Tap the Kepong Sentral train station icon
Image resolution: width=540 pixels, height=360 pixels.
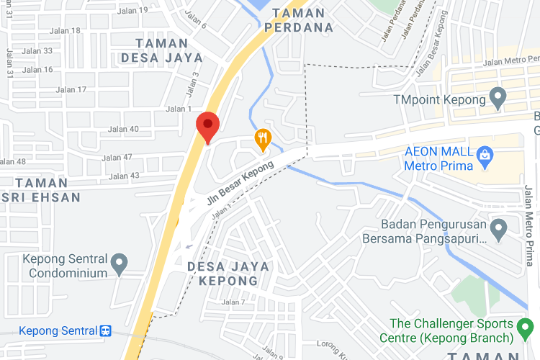pos(106,330)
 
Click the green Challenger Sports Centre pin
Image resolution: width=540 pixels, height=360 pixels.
pos(525,330)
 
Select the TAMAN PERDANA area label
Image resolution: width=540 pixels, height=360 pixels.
pos(298,20)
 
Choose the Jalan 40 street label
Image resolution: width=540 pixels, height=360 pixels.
pos(122,130)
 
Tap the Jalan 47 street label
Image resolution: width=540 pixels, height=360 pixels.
pos(117,158)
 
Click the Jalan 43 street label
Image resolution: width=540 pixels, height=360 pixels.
pos(124,176)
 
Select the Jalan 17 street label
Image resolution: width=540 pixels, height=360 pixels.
pos(71,90)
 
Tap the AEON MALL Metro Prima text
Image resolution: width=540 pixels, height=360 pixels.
pos(438,158)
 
